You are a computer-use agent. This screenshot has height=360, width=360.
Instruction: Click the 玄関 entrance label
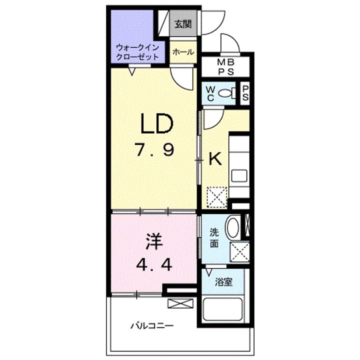[x=183, y=24]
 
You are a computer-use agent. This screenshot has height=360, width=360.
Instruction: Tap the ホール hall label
[x=183, y=52]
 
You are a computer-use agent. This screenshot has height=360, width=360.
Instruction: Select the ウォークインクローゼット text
[x=137, y=52]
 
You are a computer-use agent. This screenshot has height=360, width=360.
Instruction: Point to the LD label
[x=156, y=124]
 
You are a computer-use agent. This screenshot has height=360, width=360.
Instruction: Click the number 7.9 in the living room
[x=154, y=149]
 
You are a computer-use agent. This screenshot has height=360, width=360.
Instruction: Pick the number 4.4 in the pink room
[x=154, y=265]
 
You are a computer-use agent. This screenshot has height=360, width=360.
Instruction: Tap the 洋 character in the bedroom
[x=154, y=242]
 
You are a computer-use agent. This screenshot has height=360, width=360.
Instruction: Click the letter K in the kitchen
[x=215, y=158]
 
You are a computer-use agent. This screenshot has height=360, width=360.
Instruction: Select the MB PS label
[x=226, y=67]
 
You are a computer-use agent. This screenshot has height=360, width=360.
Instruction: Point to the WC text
[x=210, y=93]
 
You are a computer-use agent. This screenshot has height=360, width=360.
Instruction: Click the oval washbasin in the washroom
[x=233, y=227]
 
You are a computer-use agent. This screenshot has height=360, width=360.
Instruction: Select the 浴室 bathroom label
[x=224, y=282]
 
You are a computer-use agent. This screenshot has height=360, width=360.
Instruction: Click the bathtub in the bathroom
[x=223, y=309]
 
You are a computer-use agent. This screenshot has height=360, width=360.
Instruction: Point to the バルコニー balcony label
[x=152, y=325]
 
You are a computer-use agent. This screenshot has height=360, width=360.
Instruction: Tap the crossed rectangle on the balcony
[x=180, y=303]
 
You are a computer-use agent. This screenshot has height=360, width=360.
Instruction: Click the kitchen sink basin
[x=239, y=176]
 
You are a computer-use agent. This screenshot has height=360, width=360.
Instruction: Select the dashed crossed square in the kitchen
[x=217, y=197]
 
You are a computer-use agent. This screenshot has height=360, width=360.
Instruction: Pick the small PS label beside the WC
[x=245, y=93]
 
